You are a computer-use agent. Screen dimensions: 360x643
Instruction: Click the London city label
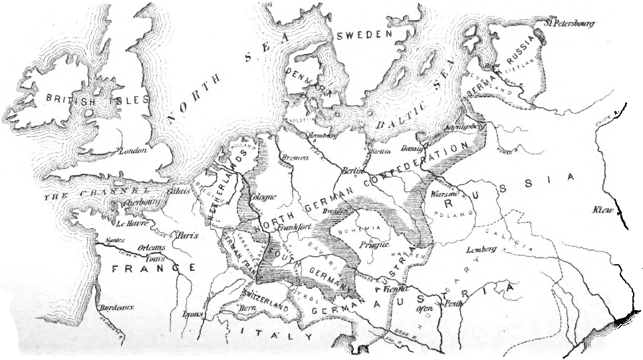(x=132, y=151)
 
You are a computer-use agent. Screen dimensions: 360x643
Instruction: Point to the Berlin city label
(x=350, y=171)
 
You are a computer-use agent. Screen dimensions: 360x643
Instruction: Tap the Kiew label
(x=605, y=210)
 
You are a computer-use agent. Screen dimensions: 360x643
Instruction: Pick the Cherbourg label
(x=136, y=202)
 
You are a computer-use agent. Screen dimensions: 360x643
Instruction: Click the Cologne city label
(x=262, y=197)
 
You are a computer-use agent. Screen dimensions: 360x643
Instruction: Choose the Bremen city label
(x=296, y=157)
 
